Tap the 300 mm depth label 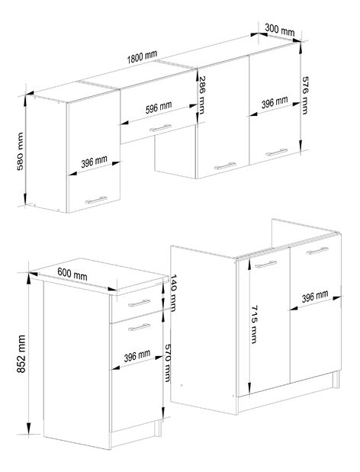(x=279, y=30)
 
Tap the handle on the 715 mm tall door (x=263, y=265)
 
